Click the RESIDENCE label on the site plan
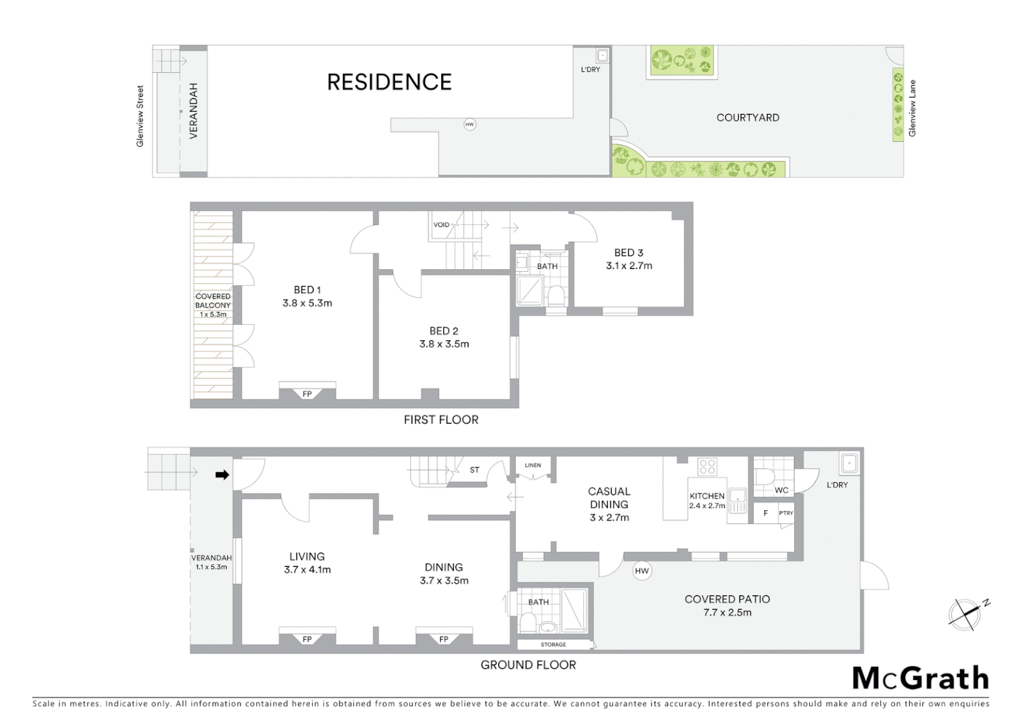tap(389, 82)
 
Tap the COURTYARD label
tap(747, 118)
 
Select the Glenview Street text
tap(140, 116)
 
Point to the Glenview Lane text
tap(912, 108)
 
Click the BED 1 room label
tap(307, 290)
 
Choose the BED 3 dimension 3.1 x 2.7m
tap(629, 266)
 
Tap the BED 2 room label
tap(444, 331)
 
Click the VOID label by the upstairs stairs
tap(441, 225)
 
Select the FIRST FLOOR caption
tap(441, 420)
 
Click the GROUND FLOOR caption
tap(528, 665)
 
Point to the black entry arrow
tap(222, 475)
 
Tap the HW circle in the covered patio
tap(641, 571)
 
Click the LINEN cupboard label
tap(533, 465)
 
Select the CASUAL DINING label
tap(609, 498)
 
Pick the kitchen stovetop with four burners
tap(707, 467)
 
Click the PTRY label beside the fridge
tap(785, 513)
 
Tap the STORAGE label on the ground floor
tap(553, 645)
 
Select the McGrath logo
tap(921, 678)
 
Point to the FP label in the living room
tap(307, 639)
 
